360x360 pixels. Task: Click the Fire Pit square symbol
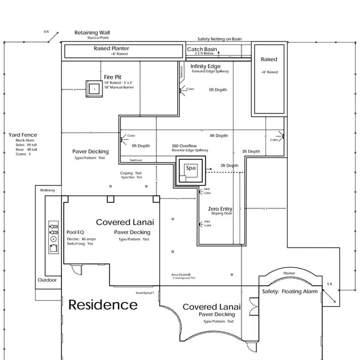94,88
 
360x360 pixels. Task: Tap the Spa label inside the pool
191,168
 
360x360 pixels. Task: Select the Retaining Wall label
92,33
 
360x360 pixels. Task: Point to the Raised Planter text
111,48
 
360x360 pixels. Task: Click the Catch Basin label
202,49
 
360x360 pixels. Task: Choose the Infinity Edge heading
205,66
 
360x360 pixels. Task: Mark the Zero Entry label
220,209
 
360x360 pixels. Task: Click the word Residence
103,305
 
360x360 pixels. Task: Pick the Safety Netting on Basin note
219,39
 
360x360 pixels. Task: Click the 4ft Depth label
218,136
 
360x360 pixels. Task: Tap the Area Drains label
181,275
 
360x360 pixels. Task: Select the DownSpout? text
144,293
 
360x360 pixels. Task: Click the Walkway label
47,190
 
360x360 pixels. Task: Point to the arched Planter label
289,273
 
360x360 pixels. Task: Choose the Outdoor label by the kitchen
47,280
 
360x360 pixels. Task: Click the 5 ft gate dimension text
329,283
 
